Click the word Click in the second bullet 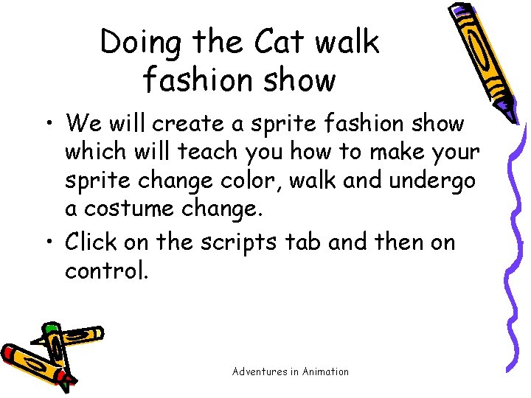(x=91, y=242)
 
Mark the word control (x=106, y=270)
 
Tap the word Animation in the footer (x=325, y=371)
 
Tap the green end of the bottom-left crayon (x=50, y=327)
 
